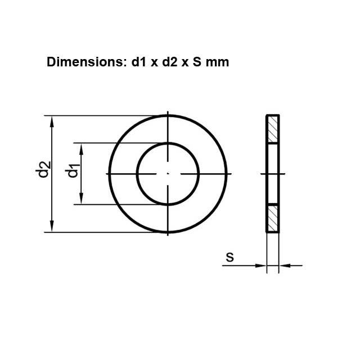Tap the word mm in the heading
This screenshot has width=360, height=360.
coord(218,62)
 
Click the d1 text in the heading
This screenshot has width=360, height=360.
coord(138,62)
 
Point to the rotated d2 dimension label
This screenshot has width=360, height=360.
coord(44,170)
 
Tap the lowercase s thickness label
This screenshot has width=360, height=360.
coord(229,258)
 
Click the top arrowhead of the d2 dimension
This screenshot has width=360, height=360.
coord(52,121)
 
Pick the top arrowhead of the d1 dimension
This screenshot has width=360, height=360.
coord(82,147)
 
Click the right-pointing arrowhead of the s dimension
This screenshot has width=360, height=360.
coord(260,265)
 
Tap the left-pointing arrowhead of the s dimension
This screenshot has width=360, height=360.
coord(284,265)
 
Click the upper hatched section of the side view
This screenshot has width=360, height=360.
coord(273,129)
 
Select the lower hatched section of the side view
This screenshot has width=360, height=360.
coord(273,218)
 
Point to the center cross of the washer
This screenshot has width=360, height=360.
coord(168,174)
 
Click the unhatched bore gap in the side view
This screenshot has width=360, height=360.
coord(273,174)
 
